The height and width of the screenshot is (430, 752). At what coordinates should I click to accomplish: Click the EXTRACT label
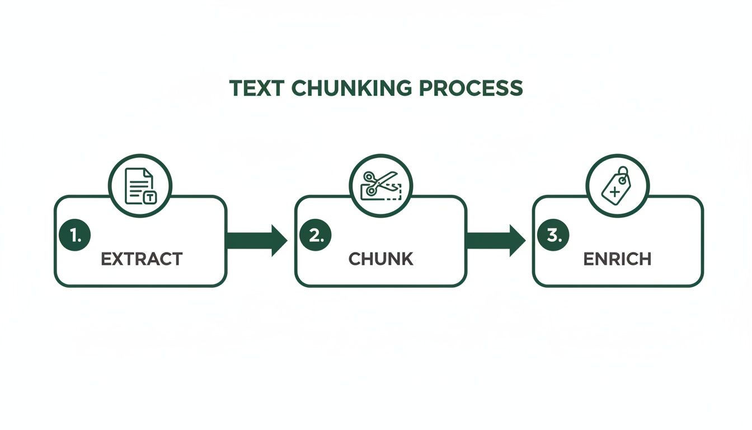[x=141, y=259]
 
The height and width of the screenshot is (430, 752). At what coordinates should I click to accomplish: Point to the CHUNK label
[x=380, y=259]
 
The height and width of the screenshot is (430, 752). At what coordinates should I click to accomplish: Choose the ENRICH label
[x=617, y=259]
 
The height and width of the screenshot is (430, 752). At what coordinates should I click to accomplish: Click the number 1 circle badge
[x=74, y=236]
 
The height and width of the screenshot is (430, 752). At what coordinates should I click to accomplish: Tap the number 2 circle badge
[x=316, y=236]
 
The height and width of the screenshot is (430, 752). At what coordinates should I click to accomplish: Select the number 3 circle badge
[x=553, y=236]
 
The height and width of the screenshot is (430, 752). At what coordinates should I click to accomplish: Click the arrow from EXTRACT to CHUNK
[x=256, y=241]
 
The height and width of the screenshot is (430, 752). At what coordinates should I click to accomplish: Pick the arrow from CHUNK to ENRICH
[x=495, y=241]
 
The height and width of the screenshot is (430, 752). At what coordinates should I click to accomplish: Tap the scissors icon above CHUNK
[x=380, y=185]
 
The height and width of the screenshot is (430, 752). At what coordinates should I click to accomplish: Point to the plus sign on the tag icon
[x=615, y=192]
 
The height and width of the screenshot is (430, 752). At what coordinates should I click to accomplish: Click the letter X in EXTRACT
[x=116, y=259]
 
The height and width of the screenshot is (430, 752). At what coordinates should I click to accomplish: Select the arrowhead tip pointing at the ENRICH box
[x=524, y=241]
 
